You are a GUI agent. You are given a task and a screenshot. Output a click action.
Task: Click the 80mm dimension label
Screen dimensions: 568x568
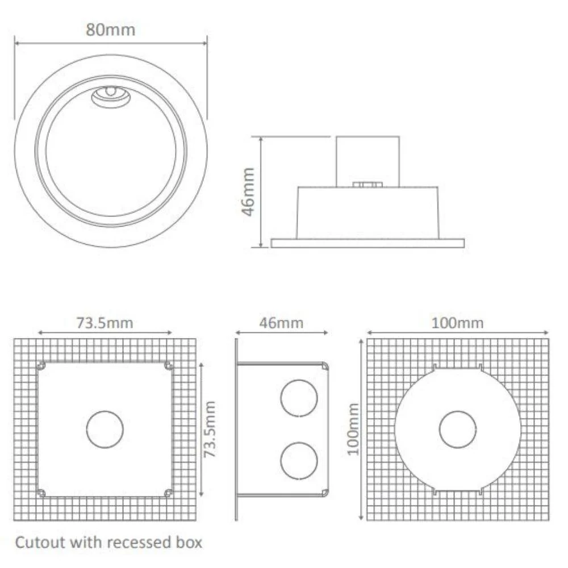point(111,30)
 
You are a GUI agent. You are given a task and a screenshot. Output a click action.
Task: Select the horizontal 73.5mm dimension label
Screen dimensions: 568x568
point(105,323)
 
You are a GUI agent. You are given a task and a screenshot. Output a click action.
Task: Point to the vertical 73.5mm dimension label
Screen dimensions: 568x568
point(210,429)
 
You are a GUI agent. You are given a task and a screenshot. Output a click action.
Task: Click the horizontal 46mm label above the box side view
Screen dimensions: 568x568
point(281,323)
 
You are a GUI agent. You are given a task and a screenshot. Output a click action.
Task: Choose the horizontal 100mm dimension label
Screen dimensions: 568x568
point(458,323)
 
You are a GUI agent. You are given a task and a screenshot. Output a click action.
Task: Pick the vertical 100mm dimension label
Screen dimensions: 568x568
point(354,429)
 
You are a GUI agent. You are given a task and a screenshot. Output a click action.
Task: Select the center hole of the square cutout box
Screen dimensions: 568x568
point(105,429)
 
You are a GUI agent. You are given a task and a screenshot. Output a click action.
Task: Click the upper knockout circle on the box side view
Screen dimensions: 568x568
point(299,398)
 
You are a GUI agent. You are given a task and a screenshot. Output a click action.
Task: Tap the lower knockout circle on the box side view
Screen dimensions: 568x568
point(299,460)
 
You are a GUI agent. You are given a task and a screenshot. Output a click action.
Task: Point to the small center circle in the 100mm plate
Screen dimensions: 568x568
point(458,429)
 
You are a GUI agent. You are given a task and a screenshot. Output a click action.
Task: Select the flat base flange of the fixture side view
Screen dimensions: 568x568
point(367,243)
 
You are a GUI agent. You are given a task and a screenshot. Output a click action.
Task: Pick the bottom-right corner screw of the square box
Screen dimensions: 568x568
point(168,492)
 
